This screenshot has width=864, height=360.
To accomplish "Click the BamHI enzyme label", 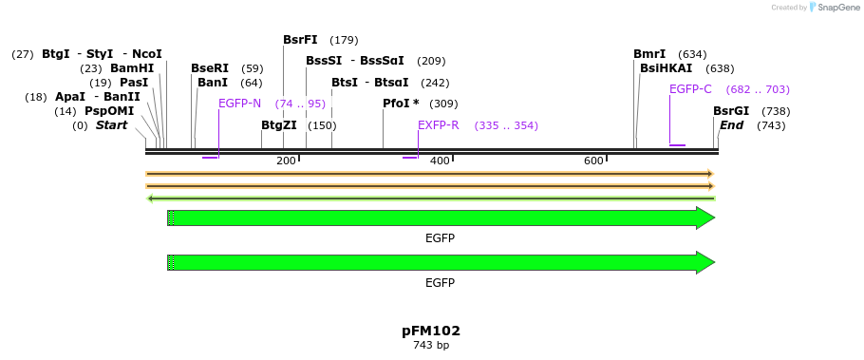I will pyautogui.click(x=132, y=68).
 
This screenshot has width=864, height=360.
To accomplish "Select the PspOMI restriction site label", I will pyautogui.click(x=109, y=111).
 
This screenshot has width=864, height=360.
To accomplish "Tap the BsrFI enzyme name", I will pyautogui.click(x=300, y=40).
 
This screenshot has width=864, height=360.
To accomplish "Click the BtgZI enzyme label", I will pyautogui.click(x=279, y=125).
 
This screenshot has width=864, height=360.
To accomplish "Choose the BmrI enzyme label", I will pyautogui.click(x=649, y=54).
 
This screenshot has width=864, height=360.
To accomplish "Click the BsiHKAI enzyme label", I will pyautogui.click(x=666, y=68).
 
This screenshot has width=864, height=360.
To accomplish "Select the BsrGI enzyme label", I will pyautogui.click(x=731, y=111).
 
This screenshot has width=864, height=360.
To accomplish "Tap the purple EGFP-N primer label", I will pyautogui.click(x=239, y=104).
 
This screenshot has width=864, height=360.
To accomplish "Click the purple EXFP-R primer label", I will pyautogui.click(x=439, y=125).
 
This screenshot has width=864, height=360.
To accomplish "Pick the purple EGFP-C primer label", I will pyautogui.click(x=690, y=89).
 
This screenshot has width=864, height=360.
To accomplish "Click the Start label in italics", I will pyautogui.click(x=111, y=125).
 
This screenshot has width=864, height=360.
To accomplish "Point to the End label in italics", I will pyautogui.click(x=731, y=125).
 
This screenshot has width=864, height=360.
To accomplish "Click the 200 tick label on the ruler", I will pyautogui.click(x=286, y=161).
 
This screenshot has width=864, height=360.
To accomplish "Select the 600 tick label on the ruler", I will pyautogui.click(x=593, y=161).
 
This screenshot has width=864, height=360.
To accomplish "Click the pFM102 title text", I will pyautogui.click(x=431, y=332).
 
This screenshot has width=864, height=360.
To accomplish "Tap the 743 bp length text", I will pyautogui.click(x=431, y=346).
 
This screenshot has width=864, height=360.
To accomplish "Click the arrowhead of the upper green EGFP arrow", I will pyautogui.click(x=704, y=218).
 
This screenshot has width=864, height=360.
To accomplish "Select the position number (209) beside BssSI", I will pyautogui.click(x=431, y=61).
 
